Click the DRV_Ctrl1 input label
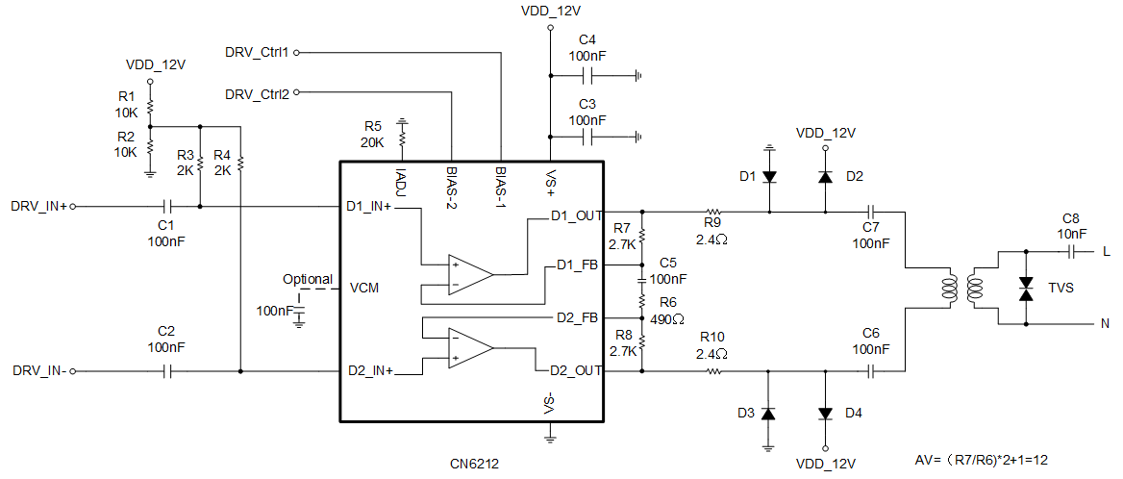pos(257,51)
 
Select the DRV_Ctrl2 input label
pos(257,94)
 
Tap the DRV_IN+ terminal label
pos(38,206)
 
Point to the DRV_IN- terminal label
pos(39,370)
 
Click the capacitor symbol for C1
pos(166,206)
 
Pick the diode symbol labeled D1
pos(769,177)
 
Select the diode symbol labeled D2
pos(825,177)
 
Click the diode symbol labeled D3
pos(768,413)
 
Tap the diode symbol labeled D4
pos(825,413)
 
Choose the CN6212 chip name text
pos(474,464)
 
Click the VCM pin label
pos(365,288)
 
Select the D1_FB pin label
pos(577,264)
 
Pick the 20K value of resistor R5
pos(372,142)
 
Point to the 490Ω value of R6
pos(666,318)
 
